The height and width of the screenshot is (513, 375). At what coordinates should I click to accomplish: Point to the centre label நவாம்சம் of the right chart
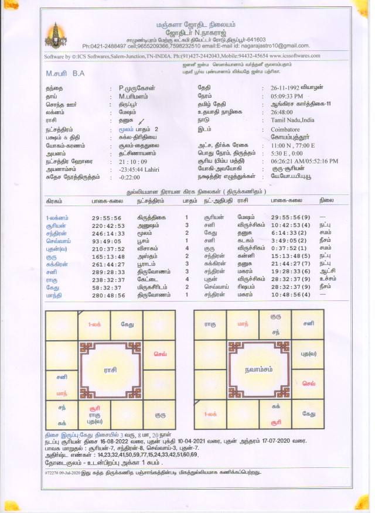tap(258, 370)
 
